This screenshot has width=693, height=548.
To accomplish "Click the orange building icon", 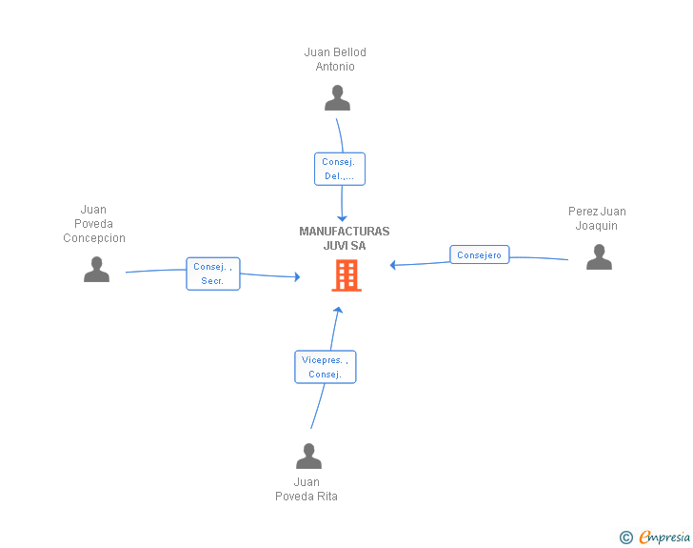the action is coord(346,275).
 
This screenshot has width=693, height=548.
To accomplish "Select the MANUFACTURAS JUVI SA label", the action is coord(345,238).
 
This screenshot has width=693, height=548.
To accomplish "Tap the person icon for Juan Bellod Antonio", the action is coord(337,97).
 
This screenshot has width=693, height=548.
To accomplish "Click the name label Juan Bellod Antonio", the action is coord(335,59).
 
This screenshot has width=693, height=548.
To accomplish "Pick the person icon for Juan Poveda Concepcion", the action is coord(96,269).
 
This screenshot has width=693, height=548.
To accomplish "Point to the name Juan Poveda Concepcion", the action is coord(93,224).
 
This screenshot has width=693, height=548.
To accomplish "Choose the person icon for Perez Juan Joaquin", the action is coord(599,256).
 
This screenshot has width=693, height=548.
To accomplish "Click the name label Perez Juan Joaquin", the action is coord(597,218).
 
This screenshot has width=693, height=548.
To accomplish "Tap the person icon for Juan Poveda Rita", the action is coord(308,456).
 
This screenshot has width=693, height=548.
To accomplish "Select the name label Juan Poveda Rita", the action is coord(307,489).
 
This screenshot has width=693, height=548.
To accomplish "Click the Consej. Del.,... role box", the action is coord(340,169).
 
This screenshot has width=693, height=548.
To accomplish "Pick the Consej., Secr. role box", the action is coord(213,274).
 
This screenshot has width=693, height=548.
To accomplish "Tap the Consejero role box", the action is coord(480,254).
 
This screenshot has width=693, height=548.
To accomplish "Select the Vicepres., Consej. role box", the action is coord(326,367).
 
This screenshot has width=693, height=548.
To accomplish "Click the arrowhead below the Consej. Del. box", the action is coord(342,218).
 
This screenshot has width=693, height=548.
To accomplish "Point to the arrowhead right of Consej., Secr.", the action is coord(297,277).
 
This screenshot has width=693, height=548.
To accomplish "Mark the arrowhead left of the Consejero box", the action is coord(392,265).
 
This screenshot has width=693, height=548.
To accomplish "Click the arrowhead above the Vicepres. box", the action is coord(338,310).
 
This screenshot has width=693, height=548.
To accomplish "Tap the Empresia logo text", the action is coord(664,537).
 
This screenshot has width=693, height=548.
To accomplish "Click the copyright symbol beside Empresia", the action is coord(626,538).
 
